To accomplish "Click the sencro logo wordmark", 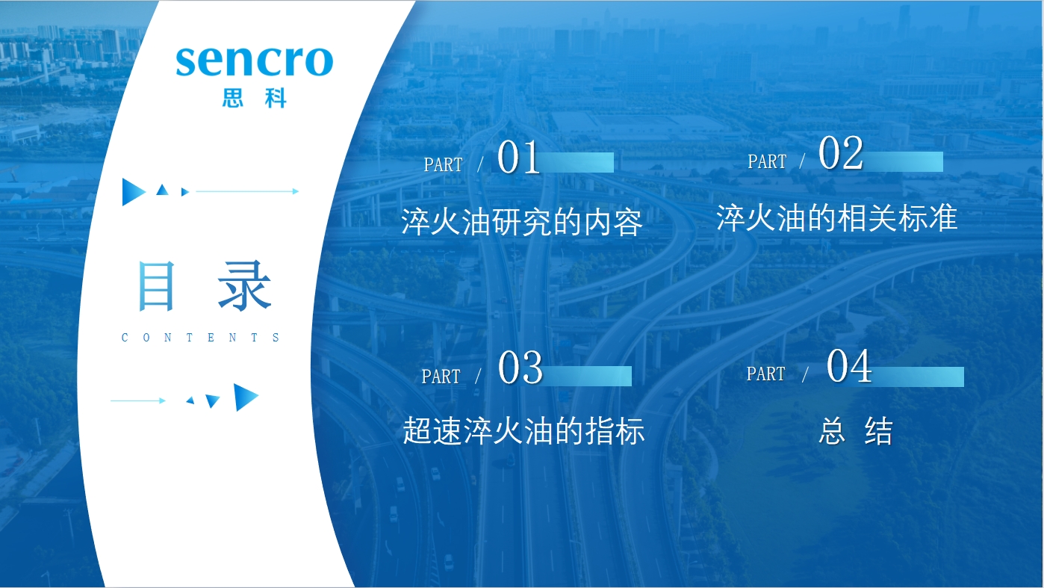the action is coord(255,61).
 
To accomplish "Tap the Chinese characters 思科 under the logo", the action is coord(254,98).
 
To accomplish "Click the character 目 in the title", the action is coord(157,285).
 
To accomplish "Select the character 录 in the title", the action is coord(245,285).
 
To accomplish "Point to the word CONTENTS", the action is coord(200,337).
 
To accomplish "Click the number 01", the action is coord(518,157).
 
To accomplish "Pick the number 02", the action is coord(841,152).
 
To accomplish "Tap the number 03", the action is coord(521,368).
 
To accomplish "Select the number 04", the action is coord(848,365).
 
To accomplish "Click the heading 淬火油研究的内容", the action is coord(522,222).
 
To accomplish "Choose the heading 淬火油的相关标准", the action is coord(837,217).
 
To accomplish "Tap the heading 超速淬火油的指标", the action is coord(523,430).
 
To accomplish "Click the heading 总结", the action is coord(856,431).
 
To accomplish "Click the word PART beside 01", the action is coord(444,164).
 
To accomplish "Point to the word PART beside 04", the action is coord(765,374).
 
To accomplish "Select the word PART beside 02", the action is coord(767,162).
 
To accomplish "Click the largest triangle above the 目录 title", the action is coord(132,192).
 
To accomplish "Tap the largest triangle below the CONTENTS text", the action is coord(244,397).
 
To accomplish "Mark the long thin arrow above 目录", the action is coord(247,191).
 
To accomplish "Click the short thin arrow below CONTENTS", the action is coord(138,400).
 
